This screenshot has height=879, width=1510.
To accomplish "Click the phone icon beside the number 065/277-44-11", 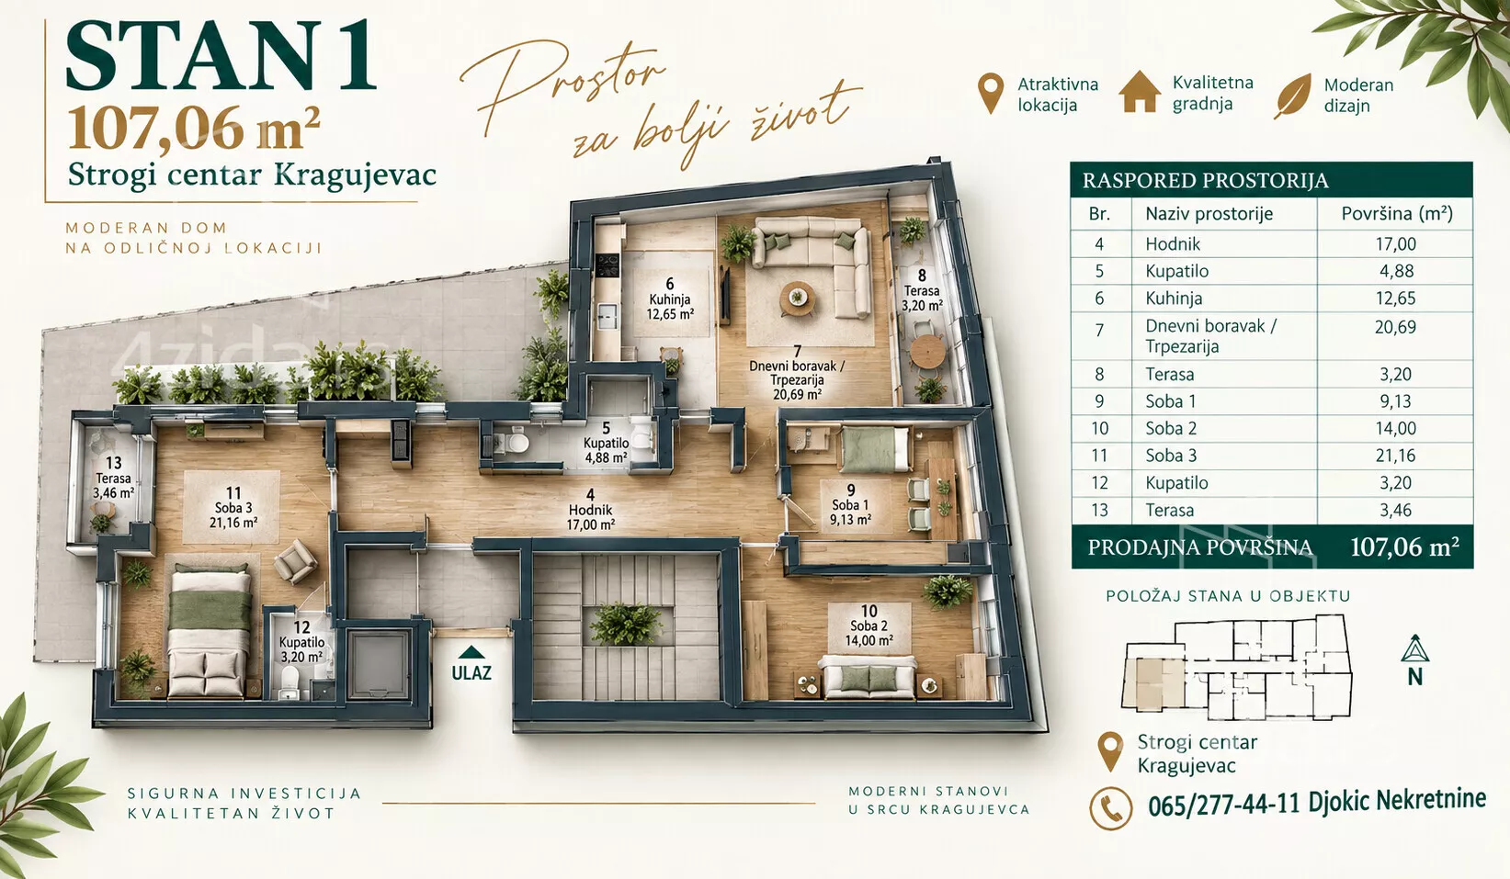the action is click(1111, 808).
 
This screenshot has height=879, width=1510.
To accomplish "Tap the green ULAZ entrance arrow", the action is click(471, 652).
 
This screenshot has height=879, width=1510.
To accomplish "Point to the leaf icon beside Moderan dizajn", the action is click(1292, 96).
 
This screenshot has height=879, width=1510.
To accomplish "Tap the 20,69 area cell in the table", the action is click(1395, 327).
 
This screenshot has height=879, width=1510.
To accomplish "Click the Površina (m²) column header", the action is click(1396, 213).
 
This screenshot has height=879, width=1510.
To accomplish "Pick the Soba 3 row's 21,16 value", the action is click(1395, 456).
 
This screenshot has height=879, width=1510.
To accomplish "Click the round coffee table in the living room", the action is click(798, 299).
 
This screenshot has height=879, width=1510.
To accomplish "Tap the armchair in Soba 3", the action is click(295, 561).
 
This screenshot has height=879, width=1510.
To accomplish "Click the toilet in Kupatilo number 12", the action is click(290, 684).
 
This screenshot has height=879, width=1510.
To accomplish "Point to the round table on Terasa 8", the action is click(927, 349).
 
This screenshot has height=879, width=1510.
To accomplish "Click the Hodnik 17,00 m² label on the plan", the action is click(591, 511).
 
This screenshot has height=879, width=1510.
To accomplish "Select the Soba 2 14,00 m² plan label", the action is click(869, 625).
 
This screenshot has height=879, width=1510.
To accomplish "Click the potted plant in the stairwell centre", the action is click(626, 623).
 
